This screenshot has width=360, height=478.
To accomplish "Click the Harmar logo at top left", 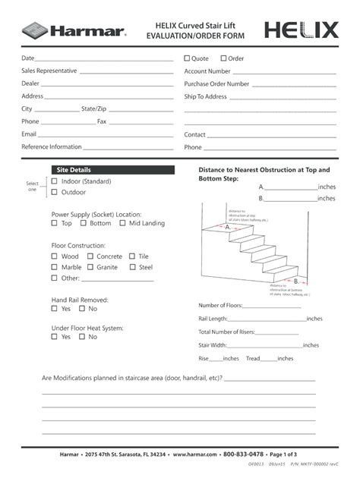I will pos(73,30).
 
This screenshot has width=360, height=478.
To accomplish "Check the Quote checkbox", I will pos(188,58).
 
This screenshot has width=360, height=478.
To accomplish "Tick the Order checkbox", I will pos(223,58).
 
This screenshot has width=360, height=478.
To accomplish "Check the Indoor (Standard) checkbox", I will pos(55,181).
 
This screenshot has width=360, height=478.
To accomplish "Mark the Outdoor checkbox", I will pos(55,193).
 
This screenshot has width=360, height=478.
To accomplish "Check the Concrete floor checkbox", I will pos(90,256).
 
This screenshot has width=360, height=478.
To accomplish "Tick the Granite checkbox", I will pos(90,267).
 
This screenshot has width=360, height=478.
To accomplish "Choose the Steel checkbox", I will pos(132,267).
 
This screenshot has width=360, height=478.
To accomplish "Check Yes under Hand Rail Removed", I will pos(55,309).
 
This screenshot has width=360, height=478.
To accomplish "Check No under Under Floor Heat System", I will pos(82,337).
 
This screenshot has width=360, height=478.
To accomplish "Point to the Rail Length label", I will pos(213,319).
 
